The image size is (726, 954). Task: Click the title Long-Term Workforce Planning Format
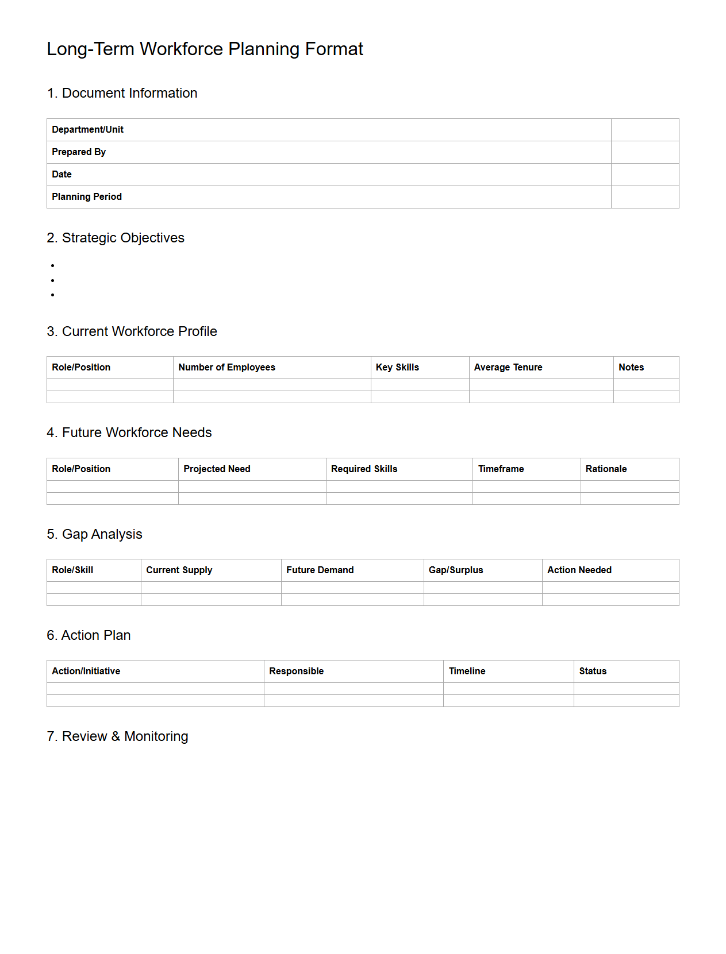tap(205, 49)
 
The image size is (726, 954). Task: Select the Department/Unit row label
tap(87, 130)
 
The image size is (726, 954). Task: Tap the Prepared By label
tap(79, 152)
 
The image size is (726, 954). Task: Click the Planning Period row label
tap(87, 197)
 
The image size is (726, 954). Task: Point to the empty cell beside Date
tap(644, 175)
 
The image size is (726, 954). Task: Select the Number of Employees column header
tap(226, 368)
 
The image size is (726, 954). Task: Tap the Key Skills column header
tap(397, 368)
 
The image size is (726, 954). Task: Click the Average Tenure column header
tap(508, 368)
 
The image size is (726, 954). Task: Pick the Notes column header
tap(631, 368)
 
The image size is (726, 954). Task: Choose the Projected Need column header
tap(217, 469)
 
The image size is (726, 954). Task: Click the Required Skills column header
tap(364, 469)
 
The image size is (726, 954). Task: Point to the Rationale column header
tap(606, 469)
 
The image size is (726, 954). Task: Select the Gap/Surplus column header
tap(456, 570)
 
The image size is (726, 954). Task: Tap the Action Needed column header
tap(579, 570)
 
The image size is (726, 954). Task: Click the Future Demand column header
tap(320, 570)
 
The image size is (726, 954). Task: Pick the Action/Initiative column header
tap(86, 671)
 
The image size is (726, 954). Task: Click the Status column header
tap(593, 671)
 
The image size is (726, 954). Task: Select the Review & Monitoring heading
tap(117, 736)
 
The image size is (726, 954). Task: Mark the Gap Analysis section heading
tap(94, 534)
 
